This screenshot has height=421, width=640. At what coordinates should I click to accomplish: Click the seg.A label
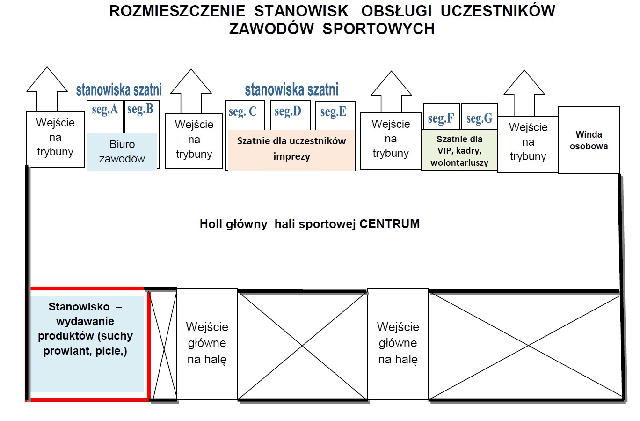click(105, 110)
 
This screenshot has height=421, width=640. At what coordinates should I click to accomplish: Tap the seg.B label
click(140, 109)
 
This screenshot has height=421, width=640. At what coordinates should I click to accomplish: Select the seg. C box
click(242, 112)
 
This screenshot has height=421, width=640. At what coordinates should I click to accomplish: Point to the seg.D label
click(288, 111)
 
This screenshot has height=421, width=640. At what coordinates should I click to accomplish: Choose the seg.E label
click(334, 111)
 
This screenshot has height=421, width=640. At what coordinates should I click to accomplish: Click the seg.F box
click(441, 118)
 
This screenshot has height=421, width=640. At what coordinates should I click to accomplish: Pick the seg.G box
click(479, 118)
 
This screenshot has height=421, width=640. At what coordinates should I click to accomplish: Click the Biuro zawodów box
click(122, 151)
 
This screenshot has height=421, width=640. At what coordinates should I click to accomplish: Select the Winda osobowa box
click(589, 140)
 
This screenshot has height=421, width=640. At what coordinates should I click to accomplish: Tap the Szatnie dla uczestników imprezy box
click(291, 149)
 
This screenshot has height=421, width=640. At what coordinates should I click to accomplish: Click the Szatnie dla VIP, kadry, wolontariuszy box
click(459, 151)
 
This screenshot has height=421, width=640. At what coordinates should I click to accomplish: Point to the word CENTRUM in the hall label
click(389, 224)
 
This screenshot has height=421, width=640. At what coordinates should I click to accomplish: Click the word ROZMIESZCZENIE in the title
click(177, 11)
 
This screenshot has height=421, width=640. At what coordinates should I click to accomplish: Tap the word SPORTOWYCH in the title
click(378, 29)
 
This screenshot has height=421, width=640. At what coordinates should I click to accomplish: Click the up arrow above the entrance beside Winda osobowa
click(524, 91)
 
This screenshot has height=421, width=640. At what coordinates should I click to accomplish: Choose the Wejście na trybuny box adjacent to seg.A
click(55, 138)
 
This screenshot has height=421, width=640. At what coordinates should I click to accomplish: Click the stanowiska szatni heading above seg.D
click(291, 89)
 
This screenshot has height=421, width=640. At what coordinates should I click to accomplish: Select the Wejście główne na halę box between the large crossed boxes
click(398, 343)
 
